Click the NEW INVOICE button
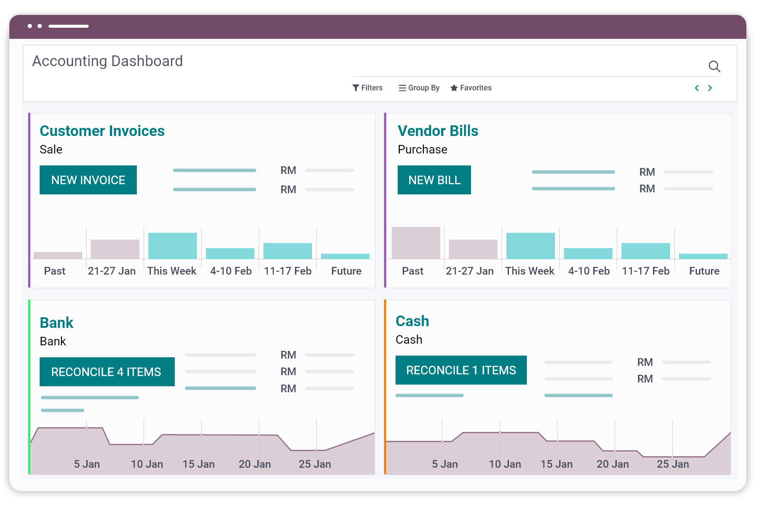[88, 180]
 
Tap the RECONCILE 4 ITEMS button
[107, 372]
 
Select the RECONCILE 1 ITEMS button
[461, 370]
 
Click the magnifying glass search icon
[714, 67]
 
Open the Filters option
[367, 88]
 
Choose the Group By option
[419, 88]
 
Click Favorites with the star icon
[471, 88]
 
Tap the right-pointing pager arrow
[710, 88]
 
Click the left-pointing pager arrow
[697, 88]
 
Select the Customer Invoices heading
[102, 131]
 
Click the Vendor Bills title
[438, 131]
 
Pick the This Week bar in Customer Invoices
[173, 246]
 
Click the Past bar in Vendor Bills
[416, 243]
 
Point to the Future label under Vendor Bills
[704, 271]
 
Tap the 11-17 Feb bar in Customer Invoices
[288, 251]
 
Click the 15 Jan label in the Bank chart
[199, 464]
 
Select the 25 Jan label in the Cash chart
[673, 464]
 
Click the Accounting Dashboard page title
[107, 61]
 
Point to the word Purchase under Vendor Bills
[422, 150]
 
